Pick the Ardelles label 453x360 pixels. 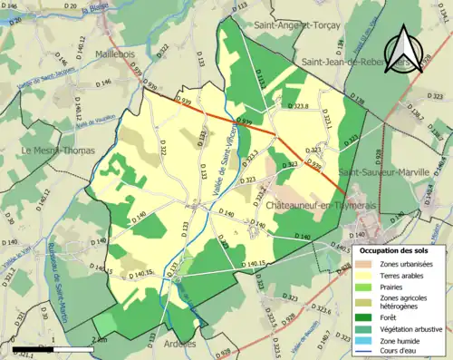pos(178,344)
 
